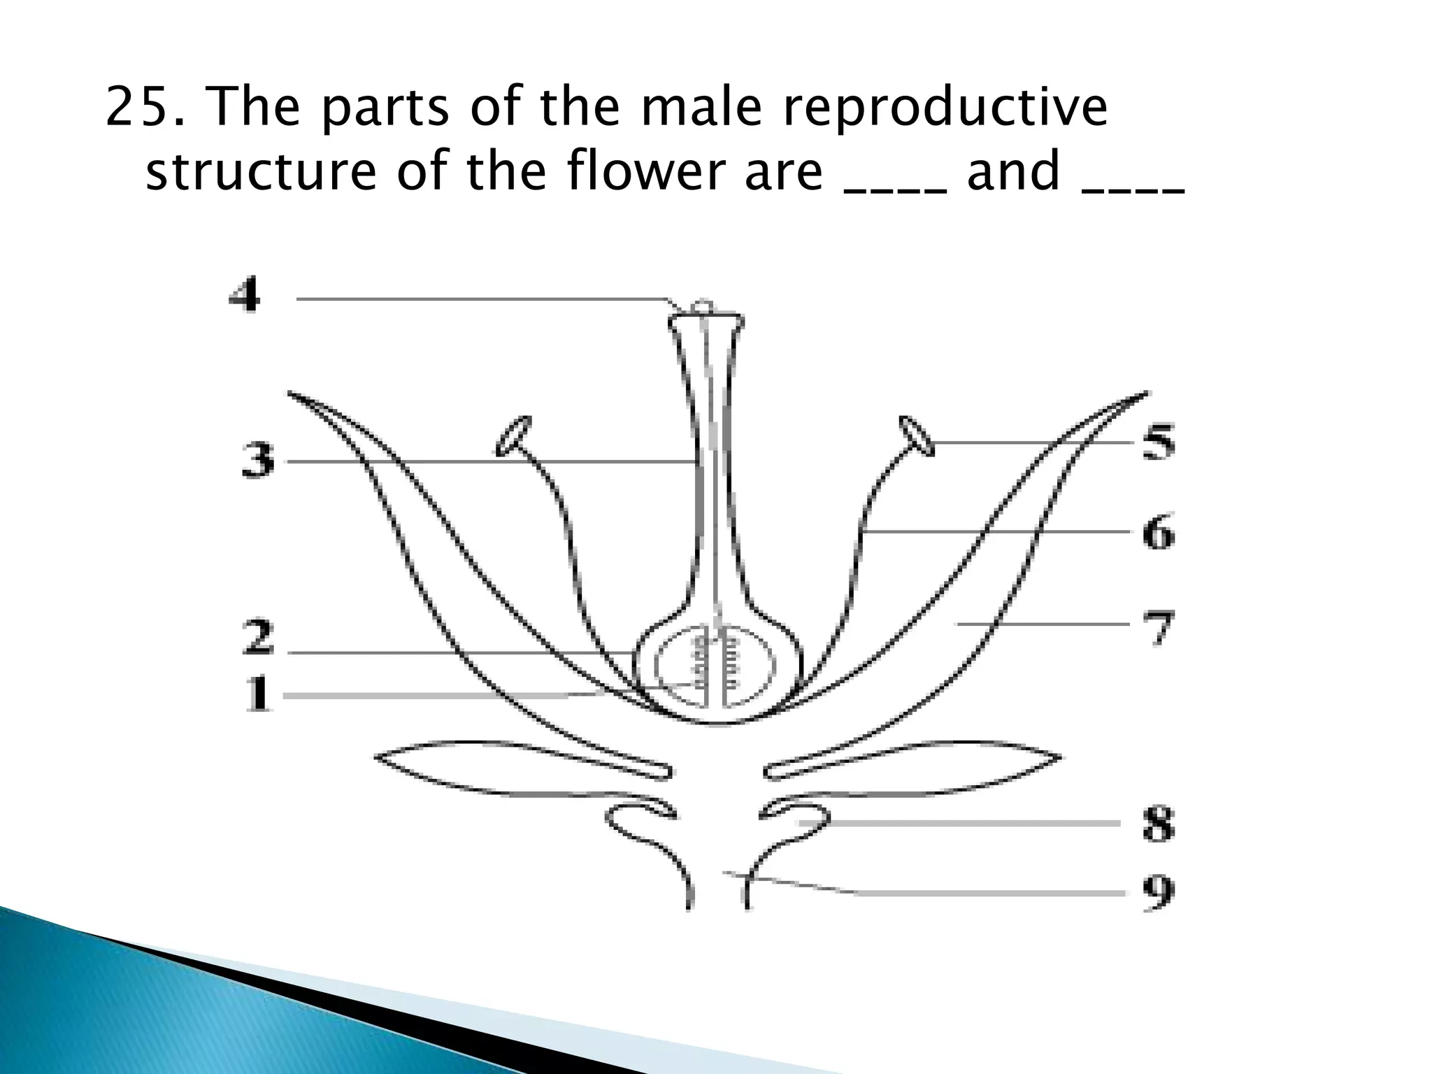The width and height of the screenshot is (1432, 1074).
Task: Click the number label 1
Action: tap(259, 694)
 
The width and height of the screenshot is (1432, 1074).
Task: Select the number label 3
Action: tap(258, 462)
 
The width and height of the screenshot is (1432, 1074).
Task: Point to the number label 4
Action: tap(245, 294)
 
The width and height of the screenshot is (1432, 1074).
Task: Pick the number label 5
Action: tap(1159, 442)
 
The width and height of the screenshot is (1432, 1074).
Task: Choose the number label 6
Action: tap(1159, 534)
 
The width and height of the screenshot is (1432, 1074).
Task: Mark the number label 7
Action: tap(1159, 627)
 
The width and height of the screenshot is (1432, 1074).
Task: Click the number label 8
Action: tap(1159, 824)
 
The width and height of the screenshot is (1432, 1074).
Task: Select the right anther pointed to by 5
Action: tap(917, 436)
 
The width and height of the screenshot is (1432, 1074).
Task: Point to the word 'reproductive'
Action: tap(943, 109)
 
